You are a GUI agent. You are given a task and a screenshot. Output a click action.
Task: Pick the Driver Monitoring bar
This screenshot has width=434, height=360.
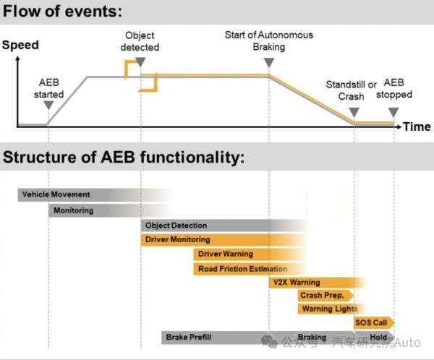[x=178, y=239]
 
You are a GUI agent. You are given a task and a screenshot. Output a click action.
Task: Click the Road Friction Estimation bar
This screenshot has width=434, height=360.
[x=242, y=269]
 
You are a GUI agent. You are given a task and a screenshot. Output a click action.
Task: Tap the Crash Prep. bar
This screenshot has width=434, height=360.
[x=323, y=296]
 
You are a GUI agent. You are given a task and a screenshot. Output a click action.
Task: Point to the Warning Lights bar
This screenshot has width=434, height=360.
[x=326, y=309]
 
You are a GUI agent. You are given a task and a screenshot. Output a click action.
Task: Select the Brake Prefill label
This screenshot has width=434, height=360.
[x=187, y=337]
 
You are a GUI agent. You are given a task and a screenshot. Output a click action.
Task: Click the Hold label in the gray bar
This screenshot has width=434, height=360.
[x=378, y=337]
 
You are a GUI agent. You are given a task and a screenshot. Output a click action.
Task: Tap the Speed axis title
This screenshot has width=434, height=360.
[x=20, y=45]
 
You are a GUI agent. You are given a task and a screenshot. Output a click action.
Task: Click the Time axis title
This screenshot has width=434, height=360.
[x=417, y=127]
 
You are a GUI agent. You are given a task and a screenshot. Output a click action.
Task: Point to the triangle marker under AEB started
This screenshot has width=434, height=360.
[x=48, y=106]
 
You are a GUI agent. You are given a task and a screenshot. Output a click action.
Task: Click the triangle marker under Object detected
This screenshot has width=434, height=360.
[x=140, y=62]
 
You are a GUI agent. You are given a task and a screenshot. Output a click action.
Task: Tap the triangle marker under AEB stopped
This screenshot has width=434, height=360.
[x=393, y=112]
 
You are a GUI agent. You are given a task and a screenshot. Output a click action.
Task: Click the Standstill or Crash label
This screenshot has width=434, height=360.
[x=352, y=90]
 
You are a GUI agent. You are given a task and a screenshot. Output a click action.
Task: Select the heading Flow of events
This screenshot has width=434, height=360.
[x=64, y=12]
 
